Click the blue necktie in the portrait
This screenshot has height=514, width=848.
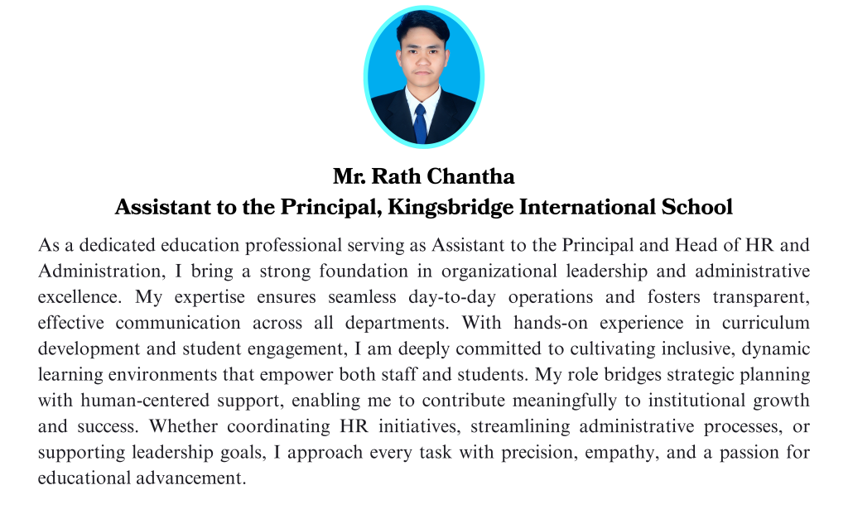(421, 123)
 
